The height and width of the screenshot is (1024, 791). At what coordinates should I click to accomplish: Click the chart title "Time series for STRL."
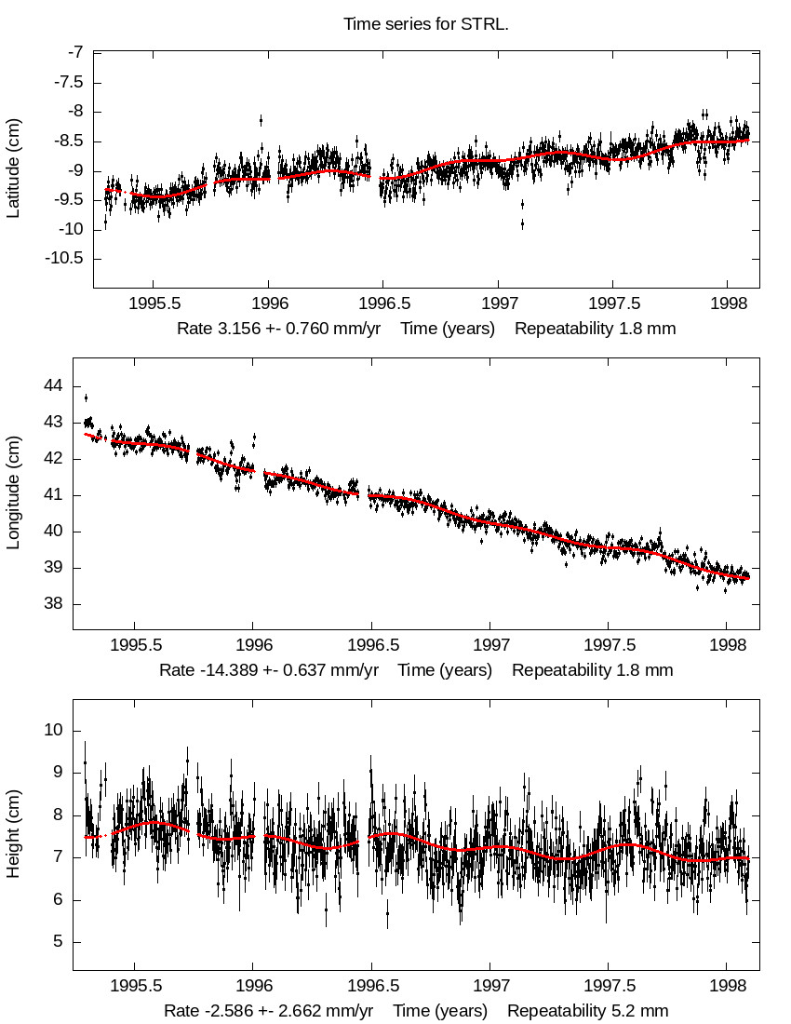426,24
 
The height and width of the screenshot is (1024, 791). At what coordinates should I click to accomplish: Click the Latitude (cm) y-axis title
13,169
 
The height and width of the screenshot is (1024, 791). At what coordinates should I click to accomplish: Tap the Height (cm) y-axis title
13,835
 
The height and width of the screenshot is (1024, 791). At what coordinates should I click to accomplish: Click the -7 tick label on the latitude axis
74,52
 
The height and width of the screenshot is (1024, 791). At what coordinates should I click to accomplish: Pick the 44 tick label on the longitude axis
54,385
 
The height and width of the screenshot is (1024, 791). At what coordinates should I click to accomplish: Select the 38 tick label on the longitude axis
54,604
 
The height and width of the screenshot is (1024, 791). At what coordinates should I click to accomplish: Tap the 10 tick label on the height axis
54,731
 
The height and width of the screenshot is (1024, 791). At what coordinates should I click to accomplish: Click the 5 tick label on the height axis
59,942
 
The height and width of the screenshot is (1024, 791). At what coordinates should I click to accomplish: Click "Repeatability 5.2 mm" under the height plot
587,1011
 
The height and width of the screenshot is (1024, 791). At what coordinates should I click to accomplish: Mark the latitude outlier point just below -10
522,223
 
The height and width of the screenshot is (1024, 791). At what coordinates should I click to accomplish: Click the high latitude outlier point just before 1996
261,119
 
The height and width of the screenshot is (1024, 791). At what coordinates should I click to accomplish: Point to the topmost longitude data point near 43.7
87,397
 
